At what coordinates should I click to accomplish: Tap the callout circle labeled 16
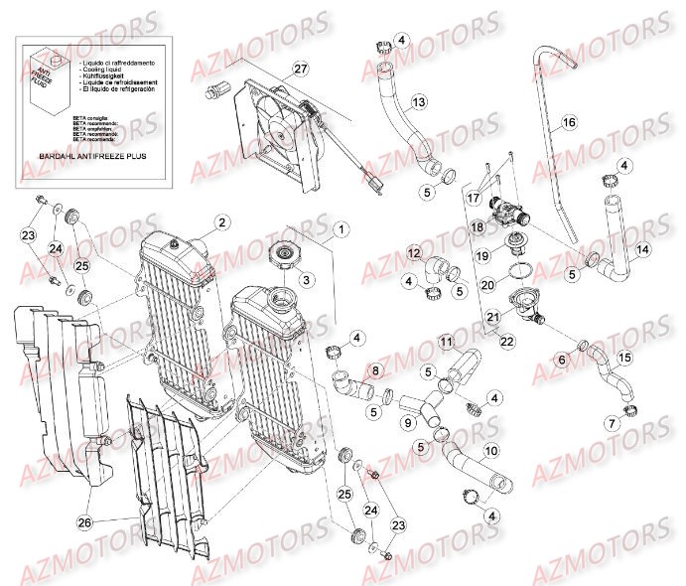point(568,122)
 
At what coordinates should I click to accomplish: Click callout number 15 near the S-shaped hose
point(624,356)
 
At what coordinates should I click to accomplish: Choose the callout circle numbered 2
point(222,221)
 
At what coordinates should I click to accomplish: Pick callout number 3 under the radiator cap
point(307,280)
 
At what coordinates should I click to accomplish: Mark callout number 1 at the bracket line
point(342,229)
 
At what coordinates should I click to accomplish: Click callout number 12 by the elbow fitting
point(413,253)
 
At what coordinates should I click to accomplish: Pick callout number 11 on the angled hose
point(447,343)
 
